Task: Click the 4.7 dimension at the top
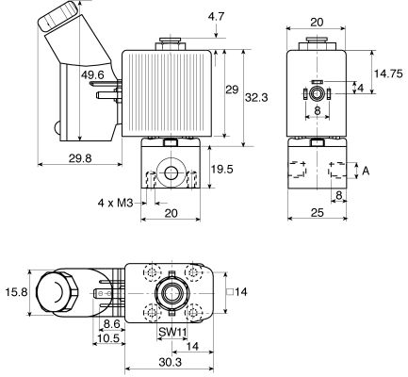click(215, 16)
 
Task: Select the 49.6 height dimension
click(93, 75)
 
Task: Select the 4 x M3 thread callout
click(120, 202)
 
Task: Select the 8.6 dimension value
click(112, 323)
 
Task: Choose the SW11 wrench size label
click(171, 333)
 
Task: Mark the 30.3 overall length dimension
click(171, 364)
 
